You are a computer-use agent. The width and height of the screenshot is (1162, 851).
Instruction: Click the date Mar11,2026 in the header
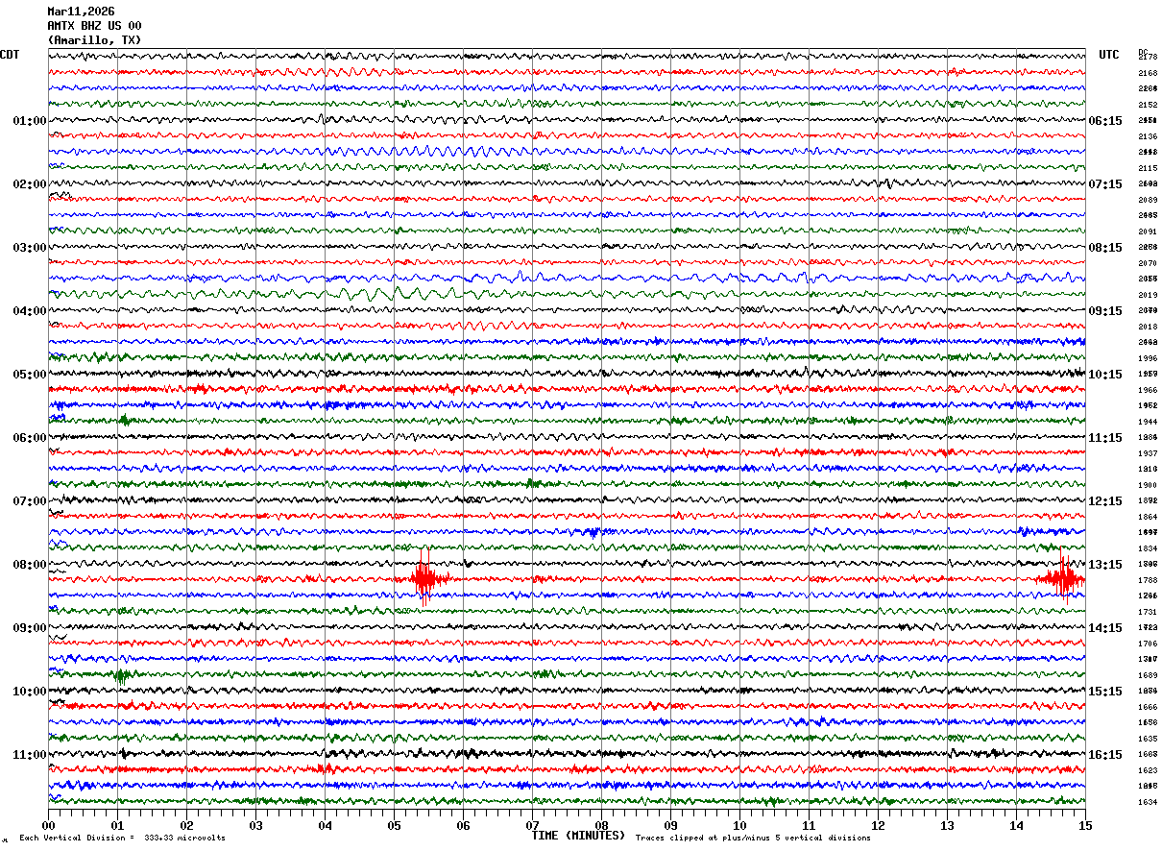pyautogui.click(x=81, y=12)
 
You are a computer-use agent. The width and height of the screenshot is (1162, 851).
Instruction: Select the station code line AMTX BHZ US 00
pyautogui.click(x=94, y=26)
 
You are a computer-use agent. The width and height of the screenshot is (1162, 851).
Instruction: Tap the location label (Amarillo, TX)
pyautogui.click(x=94, y=40)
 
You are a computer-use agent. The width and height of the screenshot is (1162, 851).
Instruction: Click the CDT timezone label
pyautogui.click(x=10, y=55)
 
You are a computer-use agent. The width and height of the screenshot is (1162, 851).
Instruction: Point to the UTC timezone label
pyautogui.click(x=1109, y=55)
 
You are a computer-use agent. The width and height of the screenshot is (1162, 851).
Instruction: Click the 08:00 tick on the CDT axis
pyautogui.click(x=30, y=565)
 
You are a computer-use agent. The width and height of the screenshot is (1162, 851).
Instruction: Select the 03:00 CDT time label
pyautogui.click(x=30, y=248)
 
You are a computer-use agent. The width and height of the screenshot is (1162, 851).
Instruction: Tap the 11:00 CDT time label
pyautogui.click(x=30, y=755)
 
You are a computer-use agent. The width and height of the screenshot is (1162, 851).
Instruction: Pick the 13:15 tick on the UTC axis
pyautogui.click(x=1105, y=565)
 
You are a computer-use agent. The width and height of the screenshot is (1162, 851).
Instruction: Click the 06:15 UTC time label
pyautogui.click(x=1105, y=121)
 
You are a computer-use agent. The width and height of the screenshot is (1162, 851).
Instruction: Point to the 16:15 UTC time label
pyautogui.click(x=1105, y=755)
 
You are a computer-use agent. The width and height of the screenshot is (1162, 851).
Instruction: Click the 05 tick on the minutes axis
pyautogui.click(x=394, y=825)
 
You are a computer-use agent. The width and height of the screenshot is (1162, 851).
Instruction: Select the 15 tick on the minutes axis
pyautogui.click(x=1085, y=825)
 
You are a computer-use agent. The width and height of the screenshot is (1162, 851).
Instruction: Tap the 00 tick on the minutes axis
pyautogui.click(x=48, y=825)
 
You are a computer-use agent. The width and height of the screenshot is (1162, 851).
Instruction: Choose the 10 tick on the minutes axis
pyautogui.click(x=739, y=825)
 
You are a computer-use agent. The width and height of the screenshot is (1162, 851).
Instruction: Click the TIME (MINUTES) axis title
pyautogui.click(x=578, y=836)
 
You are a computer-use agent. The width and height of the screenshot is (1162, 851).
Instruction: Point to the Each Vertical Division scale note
pyautogui.click(x=123, y=839)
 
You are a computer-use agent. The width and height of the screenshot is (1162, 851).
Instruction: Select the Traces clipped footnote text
pyautogui.click(x=753, y=839)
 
